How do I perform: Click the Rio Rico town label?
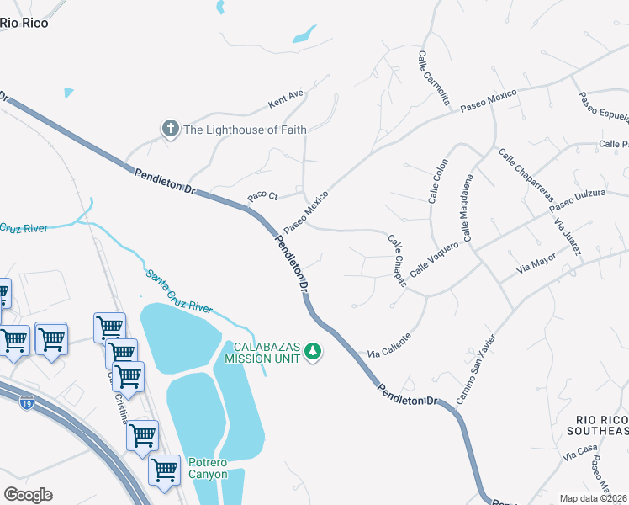24,23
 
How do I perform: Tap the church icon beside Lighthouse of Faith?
170,129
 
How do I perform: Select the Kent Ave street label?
285,99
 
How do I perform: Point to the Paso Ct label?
262,196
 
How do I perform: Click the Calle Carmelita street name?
434,77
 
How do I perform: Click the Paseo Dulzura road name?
577,200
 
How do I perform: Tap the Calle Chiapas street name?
397,260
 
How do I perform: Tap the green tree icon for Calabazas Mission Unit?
313,351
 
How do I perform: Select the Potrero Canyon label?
207,468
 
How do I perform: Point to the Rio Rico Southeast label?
602,425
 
